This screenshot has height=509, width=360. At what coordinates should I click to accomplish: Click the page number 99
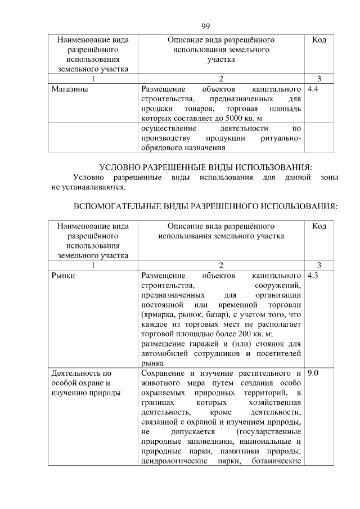tap(205, 26)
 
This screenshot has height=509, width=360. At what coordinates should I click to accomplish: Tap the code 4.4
tap(314, 88)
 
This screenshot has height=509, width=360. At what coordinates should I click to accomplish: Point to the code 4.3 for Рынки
tap(314, 276)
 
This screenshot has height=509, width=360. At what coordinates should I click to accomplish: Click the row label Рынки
tap(62, 276)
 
